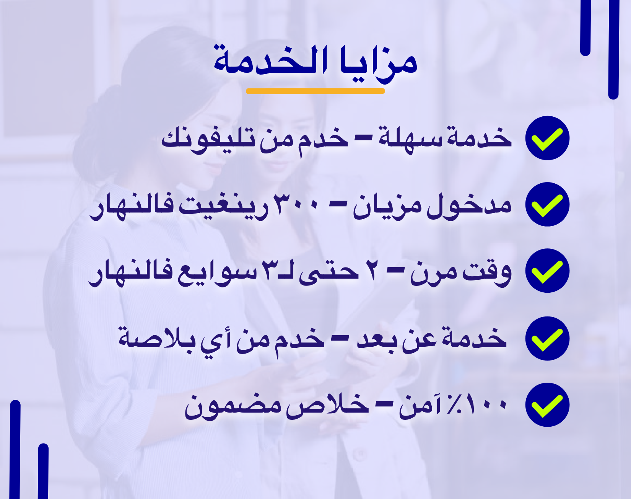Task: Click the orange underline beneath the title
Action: click(x=315, y=91)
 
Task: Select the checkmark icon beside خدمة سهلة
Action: click(x=547, y=138)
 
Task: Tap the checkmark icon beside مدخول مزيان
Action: click(x=547, y=204)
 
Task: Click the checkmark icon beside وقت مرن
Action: click(x=547, y=271)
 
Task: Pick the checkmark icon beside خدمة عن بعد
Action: click(x=547, y=339)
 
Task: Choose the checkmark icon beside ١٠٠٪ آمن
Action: click(x=547, y=405)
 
